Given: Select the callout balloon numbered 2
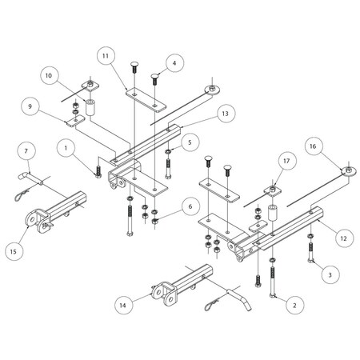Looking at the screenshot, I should [x=294, y=305].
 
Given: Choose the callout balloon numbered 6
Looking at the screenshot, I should [x=188, y=206].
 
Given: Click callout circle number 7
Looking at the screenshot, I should [x=26, y=151].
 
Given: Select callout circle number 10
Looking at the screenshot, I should [x=50, y=77].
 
